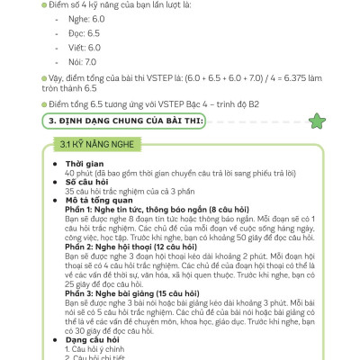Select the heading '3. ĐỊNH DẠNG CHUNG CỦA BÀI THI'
click(130, 121)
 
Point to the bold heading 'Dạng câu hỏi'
click(91, 339)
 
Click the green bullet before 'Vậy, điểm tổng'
click(44, 79)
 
